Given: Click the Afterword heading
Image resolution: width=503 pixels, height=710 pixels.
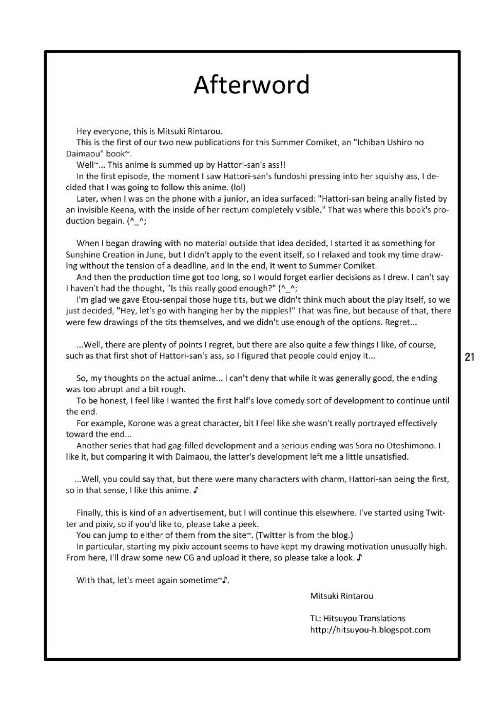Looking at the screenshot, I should point(252,85).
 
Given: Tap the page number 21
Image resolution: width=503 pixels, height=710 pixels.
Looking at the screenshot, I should point(469,357).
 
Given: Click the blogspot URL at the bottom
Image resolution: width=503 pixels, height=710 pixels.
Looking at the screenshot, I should point(370,629).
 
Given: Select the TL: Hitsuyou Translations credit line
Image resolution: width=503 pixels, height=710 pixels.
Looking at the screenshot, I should point(357,618).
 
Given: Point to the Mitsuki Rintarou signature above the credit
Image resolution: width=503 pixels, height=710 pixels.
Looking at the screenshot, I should point(341,596).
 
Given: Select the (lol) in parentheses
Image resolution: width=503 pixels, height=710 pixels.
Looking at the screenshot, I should point(239,187).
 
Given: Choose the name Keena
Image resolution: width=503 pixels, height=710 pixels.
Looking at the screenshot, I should point(124,210).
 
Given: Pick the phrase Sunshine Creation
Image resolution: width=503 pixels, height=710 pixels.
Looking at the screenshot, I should point(99,254).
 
